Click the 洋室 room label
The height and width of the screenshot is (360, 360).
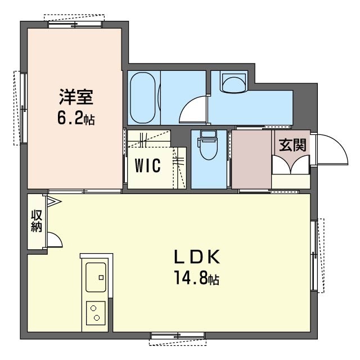click(x=76, y=97)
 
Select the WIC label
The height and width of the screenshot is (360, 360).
click(x=148, y=165)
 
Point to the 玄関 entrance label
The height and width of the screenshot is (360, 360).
click(x=292, y=145)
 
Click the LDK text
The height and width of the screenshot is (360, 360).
click(x=197, y=257)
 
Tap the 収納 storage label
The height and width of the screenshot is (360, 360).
click(x=37, y=220)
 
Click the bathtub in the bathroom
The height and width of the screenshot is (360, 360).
click(x=142, y=97)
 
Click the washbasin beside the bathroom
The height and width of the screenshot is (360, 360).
click(x=234, y=82)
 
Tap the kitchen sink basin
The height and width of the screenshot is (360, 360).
click(x=96, y=277)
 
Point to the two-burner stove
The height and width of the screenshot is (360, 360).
click(x=96, y=313)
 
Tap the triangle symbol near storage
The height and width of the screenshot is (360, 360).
click(x=54, y=201)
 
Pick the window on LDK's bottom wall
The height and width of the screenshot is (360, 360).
click(x=178, y=336)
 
